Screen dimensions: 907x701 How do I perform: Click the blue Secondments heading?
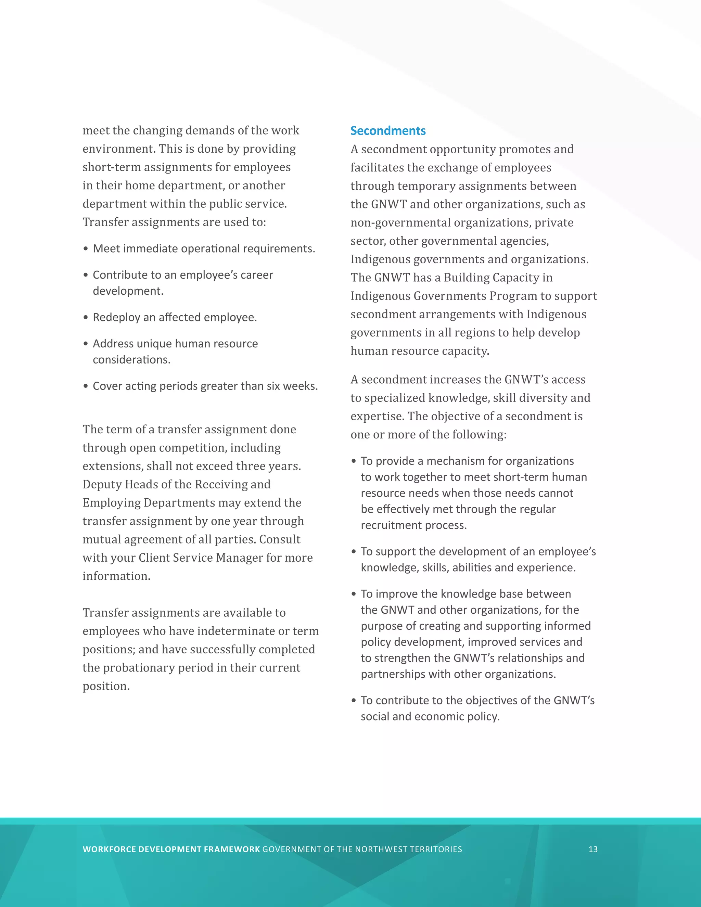point(388,131)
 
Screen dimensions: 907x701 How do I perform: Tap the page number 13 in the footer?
point(593,849)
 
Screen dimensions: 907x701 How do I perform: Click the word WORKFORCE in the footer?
point(109,849)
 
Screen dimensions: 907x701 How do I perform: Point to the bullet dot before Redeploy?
point(86,318)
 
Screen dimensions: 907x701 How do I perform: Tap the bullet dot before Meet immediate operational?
point(86,249)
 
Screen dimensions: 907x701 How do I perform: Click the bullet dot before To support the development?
point(354,552)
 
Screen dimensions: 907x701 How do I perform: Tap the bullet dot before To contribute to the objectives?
point(354,701)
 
